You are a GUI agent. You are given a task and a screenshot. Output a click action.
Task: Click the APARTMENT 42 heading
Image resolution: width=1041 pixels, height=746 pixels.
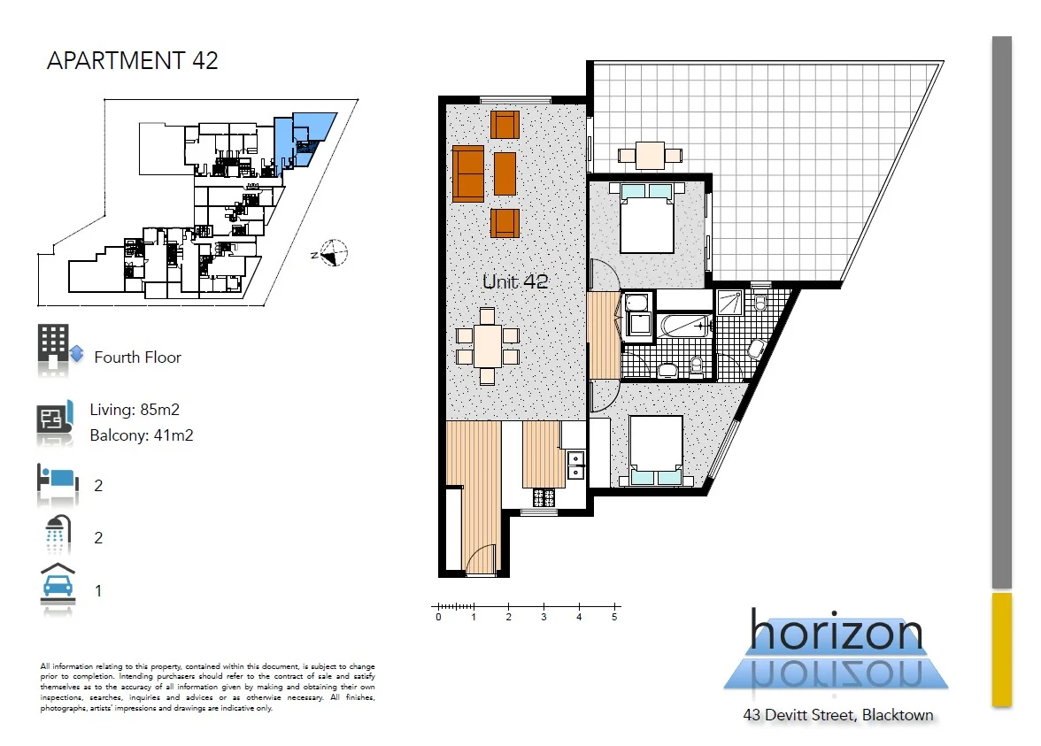(x=132, y=61)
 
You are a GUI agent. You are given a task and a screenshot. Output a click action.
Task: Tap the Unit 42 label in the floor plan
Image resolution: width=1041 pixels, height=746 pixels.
(x=515, y=282)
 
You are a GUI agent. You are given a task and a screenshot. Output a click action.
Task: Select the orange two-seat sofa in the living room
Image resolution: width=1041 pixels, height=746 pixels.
(x=468, y=173)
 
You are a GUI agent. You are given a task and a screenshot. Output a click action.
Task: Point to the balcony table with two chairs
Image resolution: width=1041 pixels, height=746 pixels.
(x=650, y=155)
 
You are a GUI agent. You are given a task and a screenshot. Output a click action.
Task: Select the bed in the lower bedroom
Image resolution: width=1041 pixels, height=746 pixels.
(x=656, y=450)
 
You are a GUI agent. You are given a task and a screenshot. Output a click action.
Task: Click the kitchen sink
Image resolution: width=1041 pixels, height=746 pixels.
(x=575, y=460)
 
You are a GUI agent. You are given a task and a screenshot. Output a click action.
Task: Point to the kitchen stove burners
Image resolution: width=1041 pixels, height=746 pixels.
(x=538, y=496)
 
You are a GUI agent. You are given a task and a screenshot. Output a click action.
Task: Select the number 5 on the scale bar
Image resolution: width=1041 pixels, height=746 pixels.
(x=614, y=618)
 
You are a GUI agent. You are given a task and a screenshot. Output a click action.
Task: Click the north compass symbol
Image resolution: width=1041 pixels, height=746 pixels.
(x=333, y=254)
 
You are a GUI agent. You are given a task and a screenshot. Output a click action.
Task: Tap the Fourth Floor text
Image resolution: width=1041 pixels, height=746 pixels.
(x=137, y=358)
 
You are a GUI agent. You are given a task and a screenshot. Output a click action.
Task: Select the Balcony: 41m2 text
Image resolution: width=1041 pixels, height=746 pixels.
(x=141, y=435)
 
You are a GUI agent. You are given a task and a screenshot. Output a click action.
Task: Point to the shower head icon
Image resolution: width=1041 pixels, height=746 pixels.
(x=58, y=535)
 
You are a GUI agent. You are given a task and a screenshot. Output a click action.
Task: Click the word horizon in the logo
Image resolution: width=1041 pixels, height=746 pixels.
(x=836, y=633)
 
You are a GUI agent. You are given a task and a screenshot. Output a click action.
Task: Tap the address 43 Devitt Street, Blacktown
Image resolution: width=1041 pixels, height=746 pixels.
(x=837, y=715)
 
